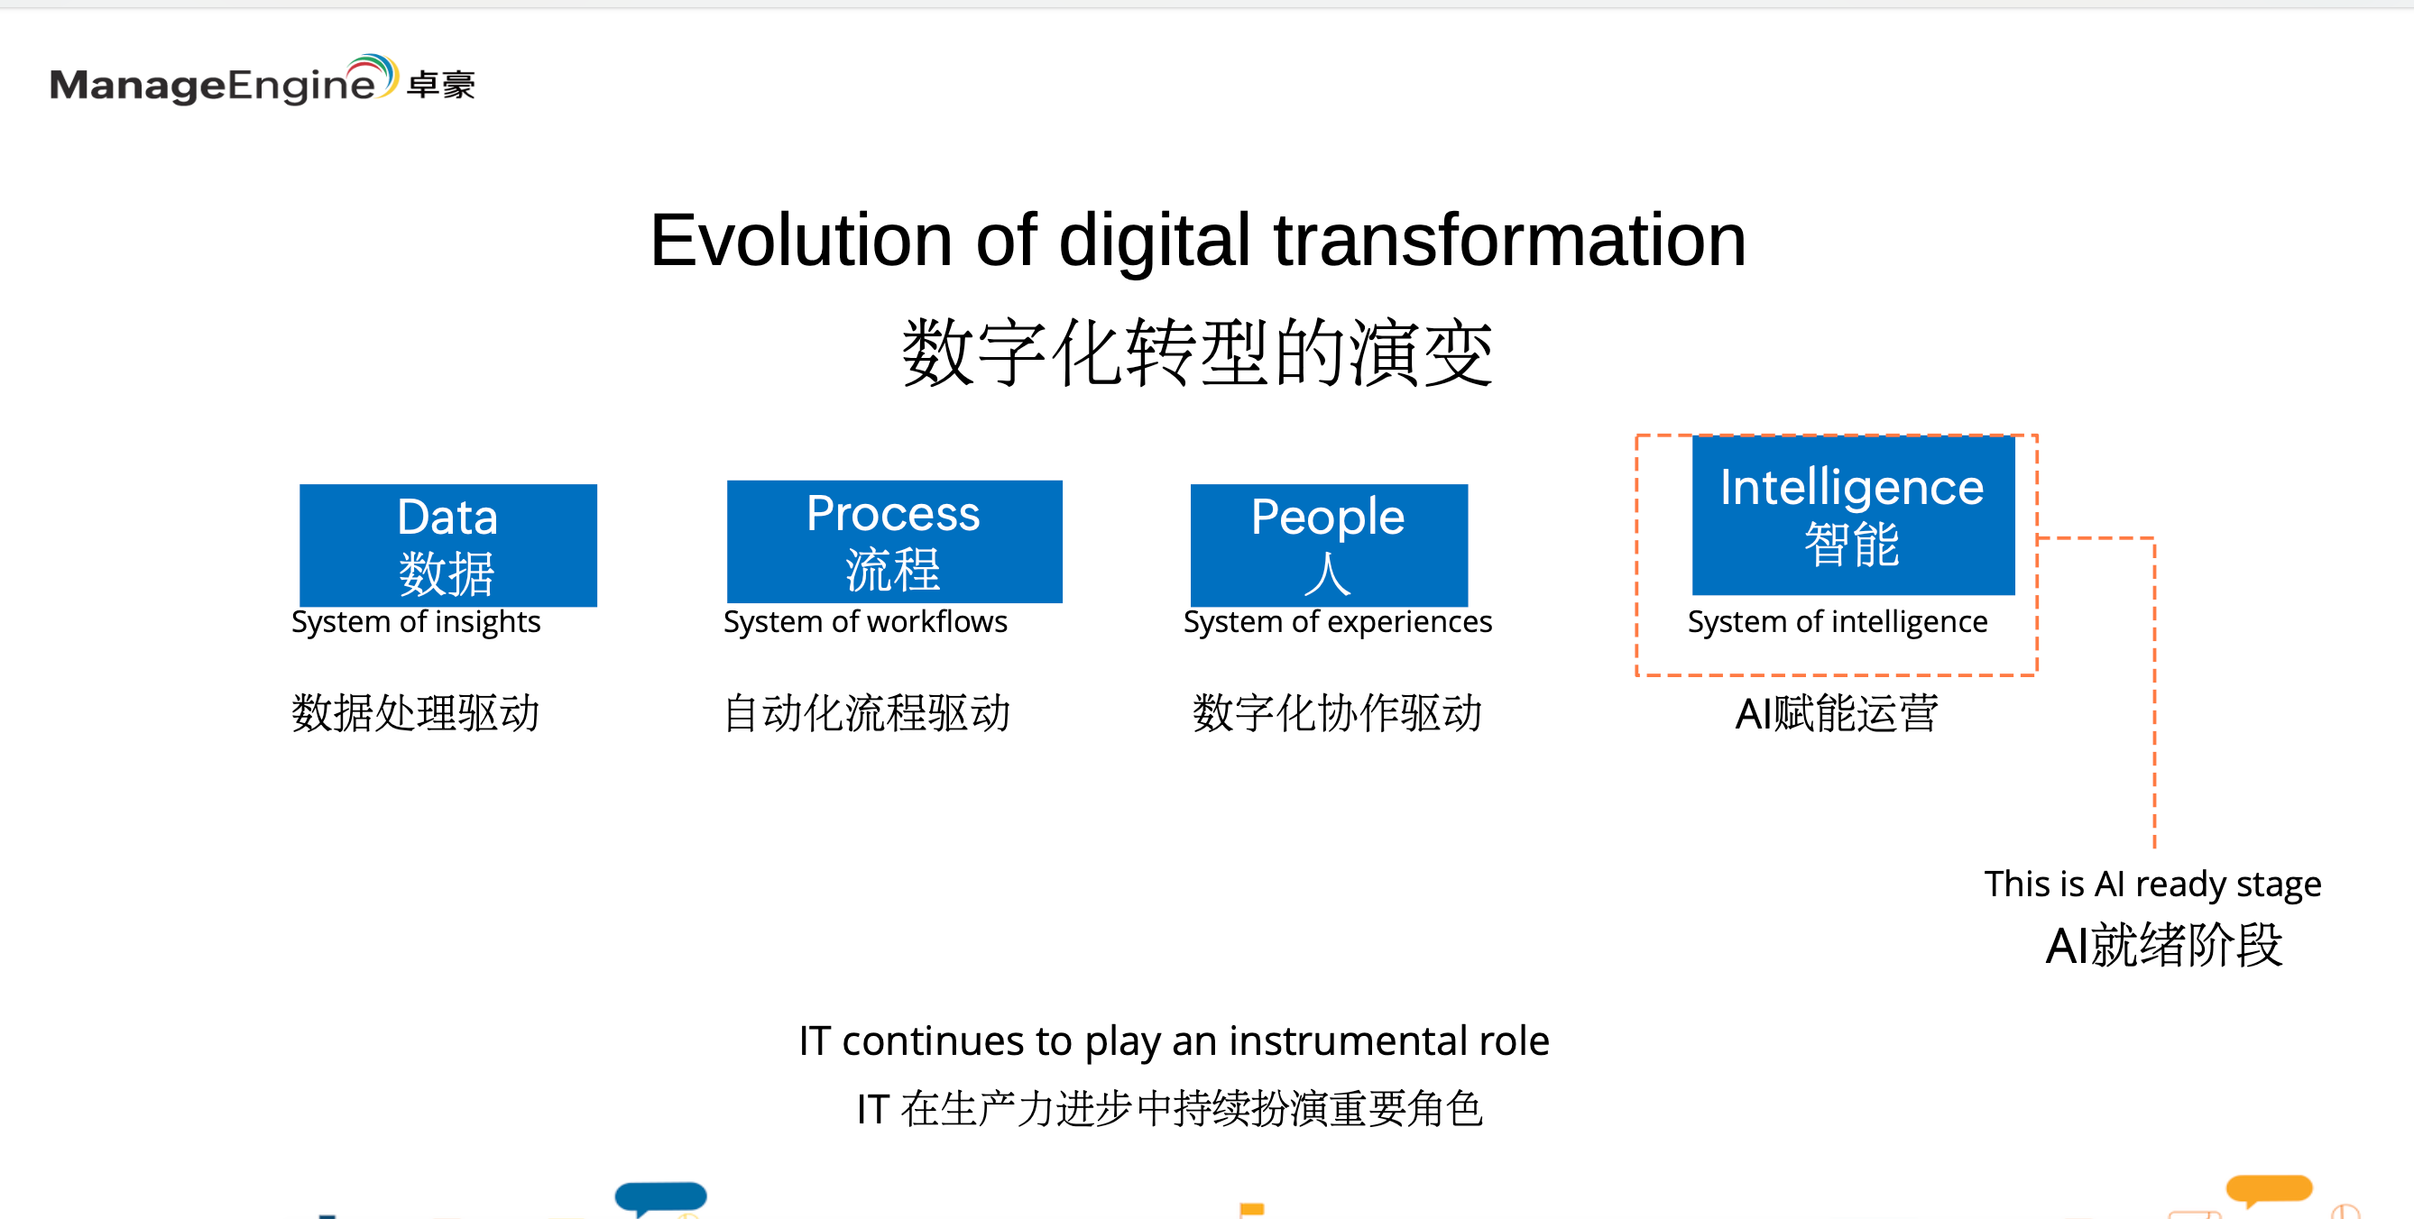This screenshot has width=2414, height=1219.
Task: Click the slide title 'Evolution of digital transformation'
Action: point(1198,241)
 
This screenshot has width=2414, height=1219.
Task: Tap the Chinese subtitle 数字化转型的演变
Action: point(1198,353)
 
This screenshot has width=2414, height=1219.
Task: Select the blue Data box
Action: point(448,545)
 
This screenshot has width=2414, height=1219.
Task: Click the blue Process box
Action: point(894,541)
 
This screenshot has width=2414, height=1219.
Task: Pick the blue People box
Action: point(1329,545)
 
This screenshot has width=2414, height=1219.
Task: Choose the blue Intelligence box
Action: point(1853,515)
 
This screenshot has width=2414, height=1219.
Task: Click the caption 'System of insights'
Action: point(416,622)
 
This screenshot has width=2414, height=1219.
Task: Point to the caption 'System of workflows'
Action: point(865,622)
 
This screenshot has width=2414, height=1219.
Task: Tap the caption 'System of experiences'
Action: point(1337,622)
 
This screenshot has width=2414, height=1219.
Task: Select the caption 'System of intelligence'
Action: point(1837,622)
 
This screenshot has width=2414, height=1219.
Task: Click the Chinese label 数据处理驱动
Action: point(415,713)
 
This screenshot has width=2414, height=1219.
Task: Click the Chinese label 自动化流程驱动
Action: point(867,713)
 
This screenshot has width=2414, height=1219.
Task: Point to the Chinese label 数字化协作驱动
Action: point(1337,713)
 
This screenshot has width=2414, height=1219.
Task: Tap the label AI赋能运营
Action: point(1837,713)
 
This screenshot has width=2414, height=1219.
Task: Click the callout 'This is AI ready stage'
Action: point(2152,884)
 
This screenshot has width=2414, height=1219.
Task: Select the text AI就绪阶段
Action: point(2164,945)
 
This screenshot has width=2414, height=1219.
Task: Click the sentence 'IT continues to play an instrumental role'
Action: point(1175,1041)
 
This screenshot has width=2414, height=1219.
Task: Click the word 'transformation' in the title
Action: point(1510,241)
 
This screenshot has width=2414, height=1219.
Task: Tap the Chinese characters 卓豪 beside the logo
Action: point(441,86)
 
